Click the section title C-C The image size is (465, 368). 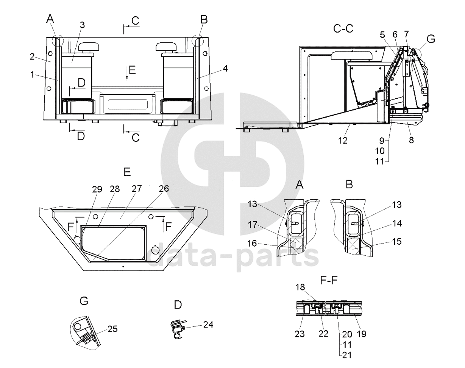343,28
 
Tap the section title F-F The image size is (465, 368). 329,280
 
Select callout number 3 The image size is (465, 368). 82,25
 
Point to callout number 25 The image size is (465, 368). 112,329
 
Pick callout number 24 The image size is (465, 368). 208,324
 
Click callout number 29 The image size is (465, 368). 97,189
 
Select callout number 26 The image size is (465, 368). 164,188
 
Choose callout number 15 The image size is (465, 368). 397,241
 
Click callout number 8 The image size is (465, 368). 411,140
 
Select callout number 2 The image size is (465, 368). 32,57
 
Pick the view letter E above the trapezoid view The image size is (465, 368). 127,172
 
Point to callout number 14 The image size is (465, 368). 397,223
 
